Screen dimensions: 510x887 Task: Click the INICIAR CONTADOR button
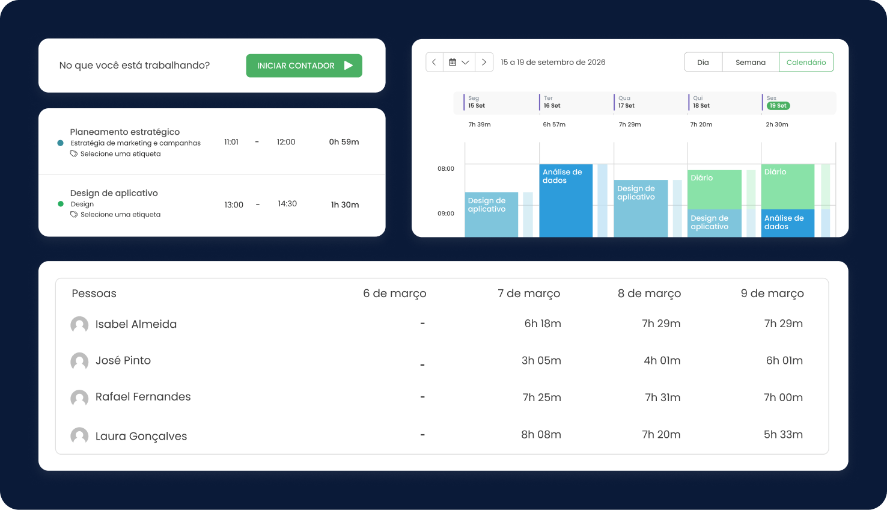[x=304, y=66]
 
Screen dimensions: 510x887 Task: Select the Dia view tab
[x=703, y=63]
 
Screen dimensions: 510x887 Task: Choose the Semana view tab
[x=750, y=63]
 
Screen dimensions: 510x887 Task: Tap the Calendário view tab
[x=806, y=63]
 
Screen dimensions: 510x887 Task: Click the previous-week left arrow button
[x=434, y=63]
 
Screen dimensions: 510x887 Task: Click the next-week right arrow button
[x=484, y=63]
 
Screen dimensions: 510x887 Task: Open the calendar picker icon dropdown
[x=459, y=63]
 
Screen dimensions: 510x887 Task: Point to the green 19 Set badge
[x=778, y=106]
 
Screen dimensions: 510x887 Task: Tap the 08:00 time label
[x=446, y=169]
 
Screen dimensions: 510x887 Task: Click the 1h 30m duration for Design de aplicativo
[x=345, y=205]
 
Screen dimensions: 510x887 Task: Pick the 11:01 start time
[x=231, y=143]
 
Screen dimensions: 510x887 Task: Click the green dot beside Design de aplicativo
[x=61, y=204]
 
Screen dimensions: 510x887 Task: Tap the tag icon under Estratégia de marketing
[x=74, y=154]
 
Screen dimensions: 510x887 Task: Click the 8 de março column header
[x=649, y=293]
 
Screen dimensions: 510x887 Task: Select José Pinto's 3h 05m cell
[x=541, y=361]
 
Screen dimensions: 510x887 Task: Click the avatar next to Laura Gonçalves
[x=79, y=436]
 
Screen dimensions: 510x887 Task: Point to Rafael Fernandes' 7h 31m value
[x=662, y=398]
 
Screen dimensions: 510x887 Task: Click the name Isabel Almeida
[x=136, y=324]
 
